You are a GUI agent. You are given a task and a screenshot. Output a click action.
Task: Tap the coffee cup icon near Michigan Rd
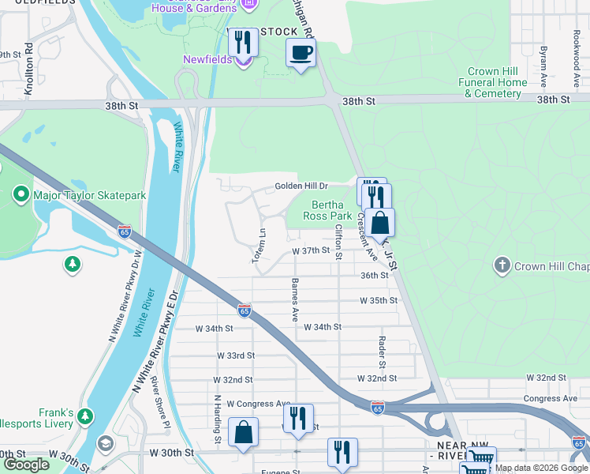[301, 54]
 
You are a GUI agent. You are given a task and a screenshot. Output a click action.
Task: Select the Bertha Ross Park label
[327, 210]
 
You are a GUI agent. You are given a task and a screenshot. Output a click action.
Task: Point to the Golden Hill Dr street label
[301, 186]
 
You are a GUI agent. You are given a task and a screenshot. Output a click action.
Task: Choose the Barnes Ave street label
[295, 299]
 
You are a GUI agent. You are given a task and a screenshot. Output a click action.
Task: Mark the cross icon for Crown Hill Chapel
[502, 266]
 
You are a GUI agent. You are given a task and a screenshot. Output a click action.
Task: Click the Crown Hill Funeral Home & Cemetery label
[496, 82]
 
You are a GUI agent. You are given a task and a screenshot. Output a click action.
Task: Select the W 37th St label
[310, 250]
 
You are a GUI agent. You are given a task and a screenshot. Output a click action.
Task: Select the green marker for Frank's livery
[85, 416]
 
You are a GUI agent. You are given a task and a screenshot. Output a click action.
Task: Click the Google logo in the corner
[26, 465]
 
